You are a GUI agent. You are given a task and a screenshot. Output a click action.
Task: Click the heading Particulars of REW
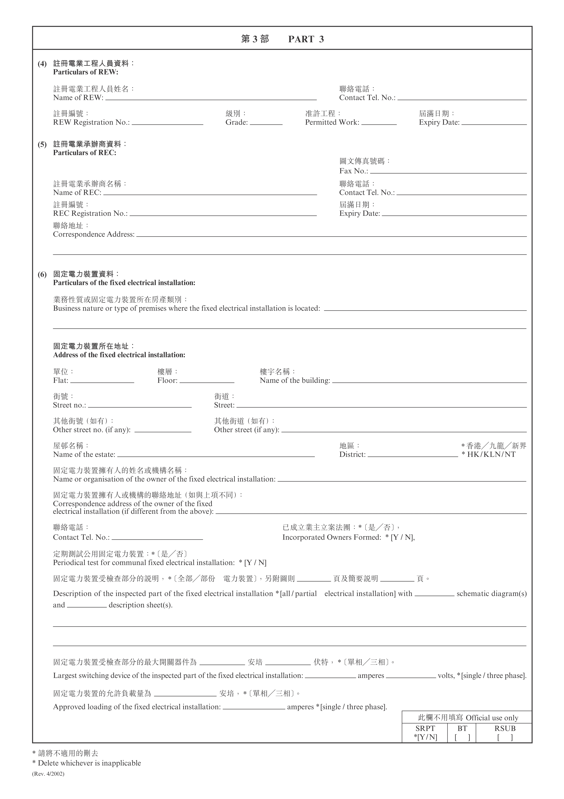coord(86,72)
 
